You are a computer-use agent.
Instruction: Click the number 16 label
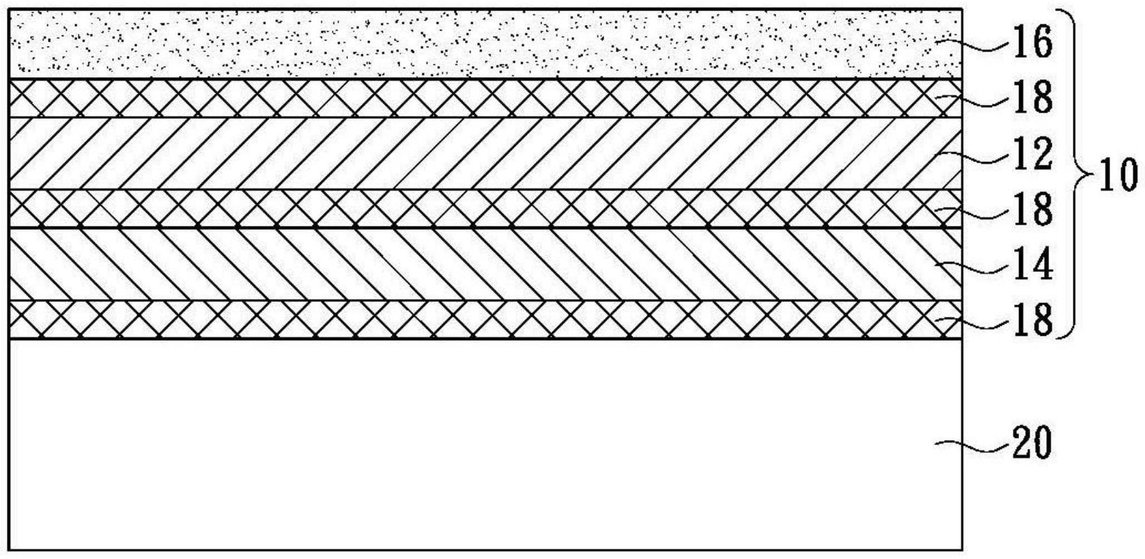(x=1032, y=42)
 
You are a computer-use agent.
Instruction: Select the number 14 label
(x=1032, y=265)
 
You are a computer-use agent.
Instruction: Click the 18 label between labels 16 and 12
(x=1032, y=98)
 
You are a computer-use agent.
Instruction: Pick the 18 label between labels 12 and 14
(x=1032, y=209)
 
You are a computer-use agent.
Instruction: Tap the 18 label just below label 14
(x=1032, y=321)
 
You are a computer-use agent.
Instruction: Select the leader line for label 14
(x=974, y=266)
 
